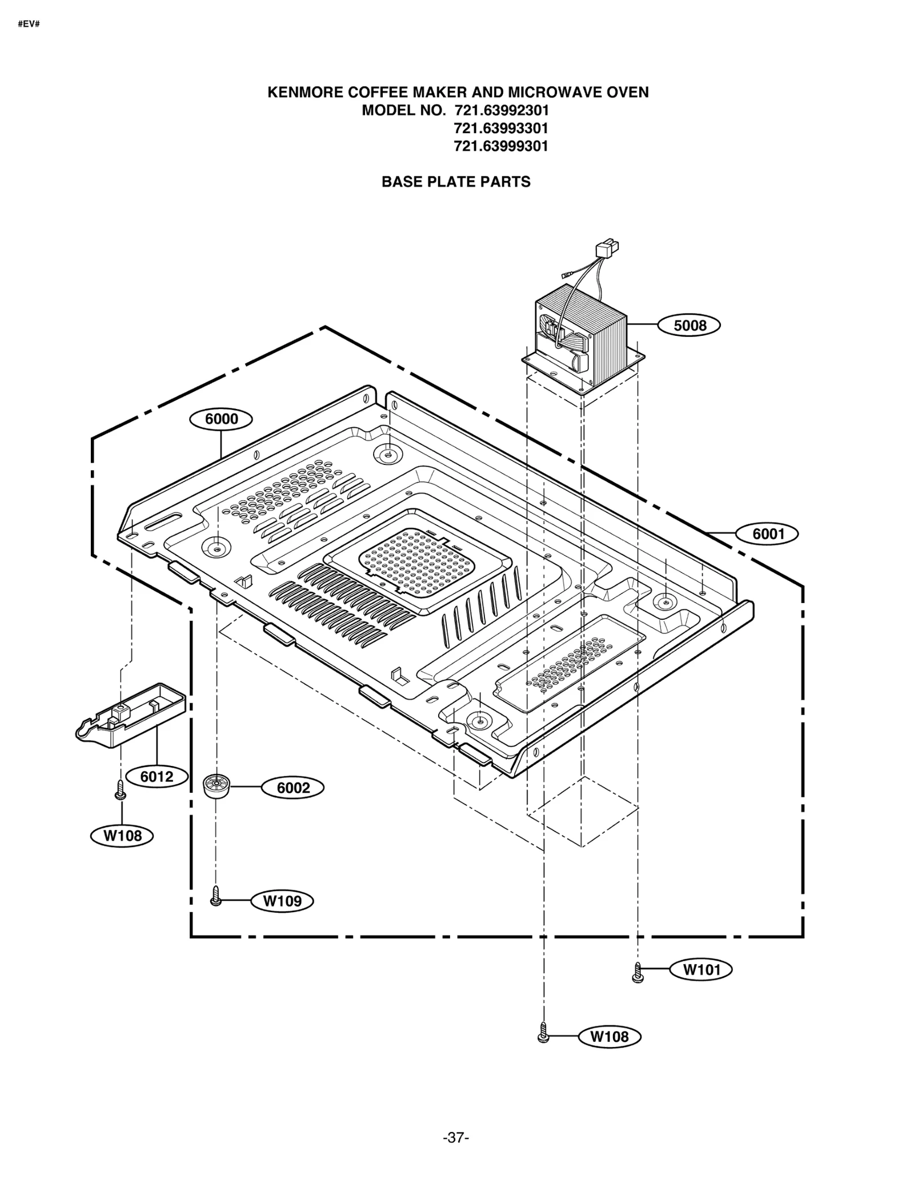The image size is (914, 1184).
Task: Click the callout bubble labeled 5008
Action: pyautogui.click(x=688, y=326)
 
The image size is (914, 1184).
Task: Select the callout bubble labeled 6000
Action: pyautogui.click(x=221, y=419)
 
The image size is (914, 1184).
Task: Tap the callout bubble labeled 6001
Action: pyautogui.click(x=767, y=534)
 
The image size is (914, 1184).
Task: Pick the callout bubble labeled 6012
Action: pyautogui.click(x=157, y=777)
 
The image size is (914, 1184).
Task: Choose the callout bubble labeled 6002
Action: pyautogui.click(x=292, y=788)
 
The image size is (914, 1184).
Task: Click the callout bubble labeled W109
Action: pyautogui.click(x=282, y=901)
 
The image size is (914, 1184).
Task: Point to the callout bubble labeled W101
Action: pyautogui.click(x=701, y=969)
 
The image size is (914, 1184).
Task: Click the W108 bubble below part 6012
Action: pyautogui.click(x=122, y=836)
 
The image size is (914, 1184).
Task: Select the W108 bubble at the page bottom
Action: pyautogui.click(x=609, y=1037)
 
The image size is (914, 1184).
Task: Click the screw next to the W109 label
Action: pyautogui.click(x=215, y=896)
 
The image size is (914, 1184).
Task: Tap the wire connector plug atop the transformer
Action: pyautogui.click(x=606, y=250)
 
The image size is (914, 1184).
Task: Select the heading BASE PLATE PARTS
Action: pyautogui.click(x=456, y=182)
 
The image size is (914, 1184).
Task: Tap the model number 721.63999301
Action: pyautogui.click(x=500, y=146)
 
